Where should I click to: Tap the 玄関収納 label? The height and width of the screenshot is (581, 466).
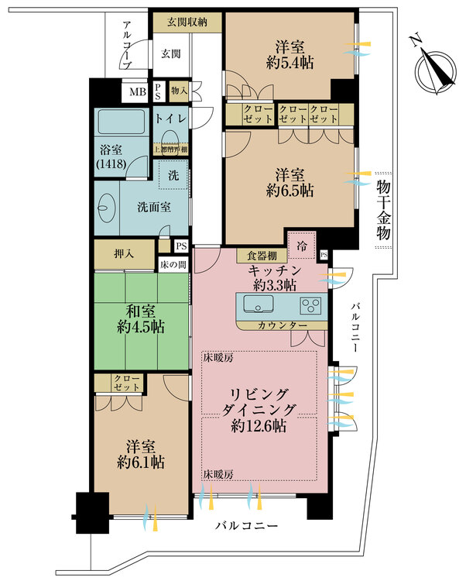point(187,23)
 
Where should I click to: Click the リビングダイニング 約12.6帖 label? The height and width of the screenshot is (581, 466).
point(260,410)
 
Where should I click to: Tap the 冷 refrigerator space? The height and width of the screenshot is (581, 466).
point(300,246)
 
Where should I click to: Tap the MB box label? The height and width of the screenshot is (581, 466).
point(137,92)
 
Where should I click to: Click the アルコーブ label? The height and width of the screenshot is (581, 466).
point(128,46)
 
